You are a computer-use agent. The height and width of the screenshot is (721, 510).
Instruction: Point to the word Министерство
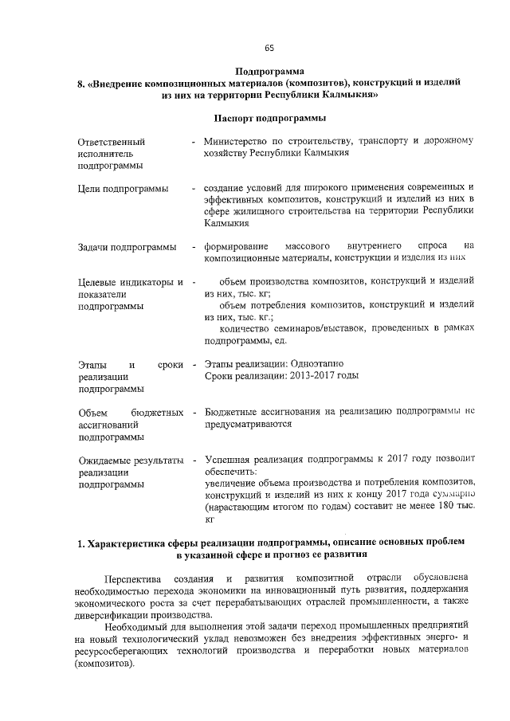(237, 142)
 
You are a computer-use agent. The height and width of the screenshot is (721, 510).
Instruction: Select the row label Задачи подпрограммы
(127, 247)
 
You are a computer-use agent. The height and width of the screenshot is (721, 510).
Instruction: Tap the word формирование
(237, 247)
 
